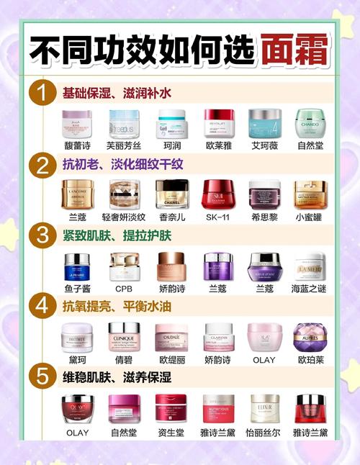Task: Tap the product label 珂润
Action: pos(171,145)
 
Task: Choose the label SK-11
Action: pos(217,216)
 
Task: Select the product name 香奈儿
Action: pos(171,216)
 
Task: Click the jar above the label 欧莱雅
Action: pos(217,123)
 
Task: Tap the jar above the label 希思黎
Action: pos(264,194)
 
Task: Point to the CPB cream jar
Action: pos(125,266)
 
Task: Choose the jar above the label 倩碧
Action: pos(125,336)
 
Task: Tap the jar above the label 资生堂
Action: pos(171,408)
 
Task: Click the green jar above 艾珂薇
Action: pos(264,123)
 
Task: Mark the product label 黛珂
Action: pos(78,358)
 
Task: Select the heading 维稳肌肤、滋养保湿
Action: pos(118,376)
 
